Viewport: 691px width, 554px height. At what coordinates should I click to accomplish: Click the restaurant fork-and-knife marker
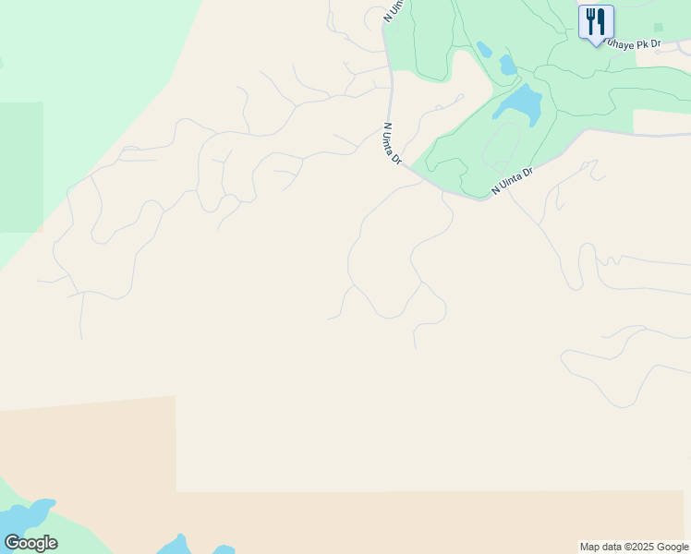point(596,22)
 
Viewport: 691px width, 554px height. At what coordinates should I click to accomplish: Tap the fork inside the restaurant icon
point(590,20)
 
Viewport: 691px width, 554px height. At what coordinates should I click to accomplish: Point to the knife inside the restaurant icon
point(601,20)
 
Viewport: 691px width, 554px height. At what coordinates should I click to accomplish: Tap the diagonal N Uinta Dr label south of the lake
point(513,180)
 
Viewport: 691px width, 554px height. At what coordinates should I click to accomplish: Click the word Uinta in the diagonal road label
point(515,179)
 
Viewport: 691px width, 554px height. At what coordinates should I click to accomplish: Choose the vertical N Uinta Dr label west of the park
point(393,144)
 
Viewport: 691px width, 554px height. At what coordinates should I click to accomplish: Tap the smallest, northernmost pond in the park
point(484,49)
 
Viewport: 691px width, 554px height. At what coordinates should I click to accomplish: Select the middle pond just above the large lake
point(507,65)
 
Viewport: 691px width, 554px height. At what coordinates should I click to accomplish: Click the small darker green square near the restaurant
point(658,28)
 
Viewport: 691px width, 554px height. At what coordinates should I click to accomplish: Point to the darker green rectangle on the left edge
point(20,166)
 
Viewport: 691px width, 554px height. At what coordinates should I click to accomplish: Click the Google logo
point(30,543)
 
